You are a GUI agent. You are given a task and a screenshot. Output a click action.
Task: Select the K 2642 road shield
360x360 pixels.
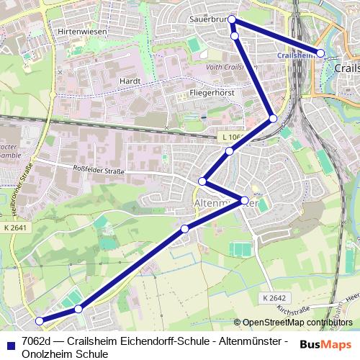(274, 297)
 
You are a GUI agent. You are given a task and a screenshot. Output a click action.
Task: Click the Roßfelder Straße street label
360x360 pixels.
(99, 171)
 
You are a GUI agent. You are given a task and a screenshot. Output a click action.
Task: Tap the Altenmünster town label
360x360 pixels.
(226, 204)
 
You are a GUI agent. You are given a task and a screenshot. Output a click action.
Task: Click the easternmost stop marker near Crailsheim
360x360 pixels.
(320, 53)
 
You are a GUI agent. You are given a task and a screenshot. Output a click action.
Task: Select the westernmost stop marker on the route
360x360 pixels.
(40, 320)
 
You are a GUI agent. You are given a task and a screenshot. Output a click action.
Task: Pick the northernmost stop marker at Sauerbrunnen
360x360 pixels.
(232, 21)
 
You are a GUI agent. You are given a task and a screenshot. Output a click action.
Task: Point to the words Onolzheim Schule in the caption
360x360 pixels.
(65, 354)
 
